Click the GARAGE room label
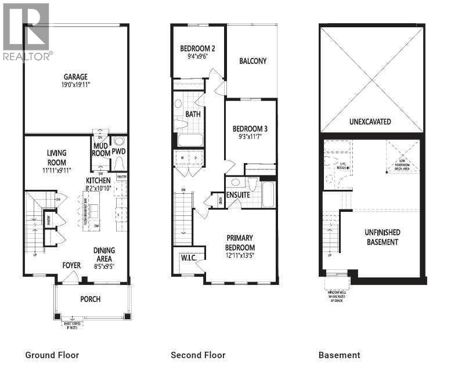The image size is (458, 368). point(75,76)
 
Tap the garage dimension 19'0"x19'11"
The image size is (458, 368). point(75,85)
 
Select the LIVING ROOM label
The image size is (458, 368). point(56,157)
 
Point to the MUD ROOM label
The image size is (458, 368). point(100,150)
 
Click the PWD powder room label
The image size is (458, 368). point(119,151)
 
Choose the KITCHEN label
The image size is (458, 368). point(99,181)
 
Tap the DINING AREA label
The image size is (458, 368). point(104,254)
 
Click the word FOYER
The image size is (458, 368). point(72,266)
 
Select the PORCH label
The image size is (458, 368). point(90,299)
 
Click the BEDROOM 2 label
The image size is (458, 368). point(197,48)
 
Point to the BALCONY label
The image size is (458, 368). point(253,60)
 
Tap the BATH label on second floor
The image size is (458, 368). point(193,114)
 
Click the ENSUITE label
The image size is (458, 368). point(238,195)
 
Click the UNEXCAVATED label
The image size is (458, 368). point(370,122)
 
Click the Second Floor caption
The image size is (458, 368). point(198,355)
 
